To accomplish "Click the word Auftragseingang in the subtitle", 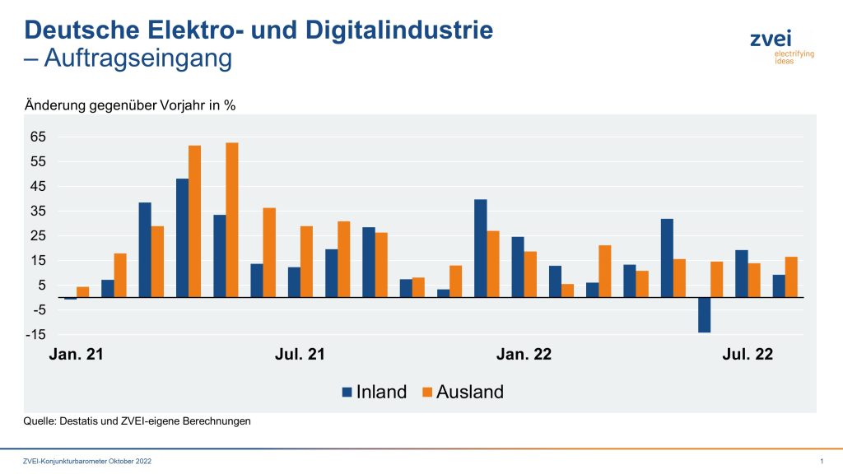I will [x=137, y=59].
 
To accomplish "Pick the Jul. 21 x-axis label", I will [x=300, y=355].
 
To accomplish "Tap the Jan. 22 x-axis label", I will [x=524, y=355].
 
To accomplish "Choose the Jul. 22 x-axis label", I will [x=748, y=355].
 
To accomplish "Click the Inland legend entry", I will [x=375, y=393].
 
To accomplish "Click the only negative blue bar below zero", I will [x=705, y=315].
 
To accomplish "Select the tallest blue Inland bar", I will [x=182, y=238].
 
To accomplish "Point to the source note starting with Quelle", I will [x=137, y=421].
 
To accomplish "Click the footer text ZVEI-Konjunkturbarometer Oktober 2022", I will [x=87, y=462].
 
